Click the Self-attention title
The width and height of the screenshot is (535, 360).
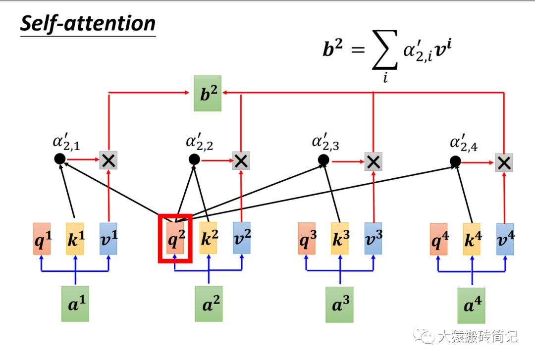pyautogui.click(x=88, y=24)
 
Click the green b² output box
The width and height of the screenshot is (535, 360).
pyautogui.click(x=208, y=93)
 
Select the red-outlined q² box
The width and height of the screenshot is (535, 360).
pyautogui.click(x=175, y=238)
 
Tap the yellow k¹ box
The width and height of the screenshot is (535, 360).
pyautogui.click(x=75, y=238)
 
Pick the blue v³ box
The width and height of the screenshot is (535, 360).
pyautogui.click(x=373, y=238)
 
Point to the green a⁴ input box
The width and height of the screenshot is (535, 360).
pyautogui.click(x=471, y=306)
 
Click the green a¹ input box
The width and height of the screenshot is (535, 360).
pyautogui.click(x=76, y=304)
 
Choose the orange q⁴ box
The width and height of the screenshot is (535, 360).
pyautogui.click(x=438, y=239)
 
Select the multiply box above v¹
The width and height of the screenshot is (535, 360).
pyautogui.click(x=108, y=160)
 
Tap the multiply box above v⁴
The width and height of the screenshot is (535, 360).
pyautogui.click(x=504, y=162)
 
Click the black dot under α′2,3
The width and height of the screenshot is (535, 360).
pyautogui.click(x=323, y=160)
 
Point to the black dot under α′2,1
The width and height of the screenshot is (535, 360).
pyautogui.click(x=59, y=159)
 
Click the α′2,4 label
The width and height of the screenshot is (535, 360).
pyautogui.click(x=463, y=144)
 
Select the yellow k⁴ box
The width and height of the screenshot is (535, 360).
pyautogui.click(x=471, y=239)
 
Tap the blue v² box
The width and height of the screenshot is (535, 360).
pyautogui.click(x=241, y=238)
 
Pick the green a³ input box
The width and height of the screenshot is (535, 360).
pyautogui.click(x=339, y=304)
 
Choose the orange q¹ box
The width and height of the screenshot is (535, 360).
pyautogui.click(x=42, y=238)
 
